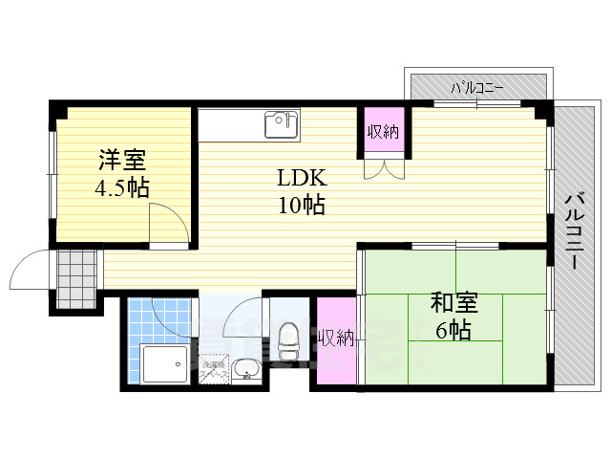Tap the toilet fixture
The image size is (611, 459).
(285, 342)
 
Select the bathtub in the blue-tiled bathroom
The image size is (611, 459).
(163, 364)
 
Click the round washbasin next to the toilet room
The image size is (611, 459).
(244, 367)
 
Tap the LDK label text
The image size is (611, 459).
(302, 178)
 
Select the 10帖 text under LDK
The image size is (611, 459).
(302, 204)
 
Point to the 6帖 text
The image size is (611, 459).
(453, 331)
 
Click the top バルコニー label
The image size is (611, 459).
(478, 87)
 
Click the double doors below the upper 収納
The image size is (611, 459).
(383, 168)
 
